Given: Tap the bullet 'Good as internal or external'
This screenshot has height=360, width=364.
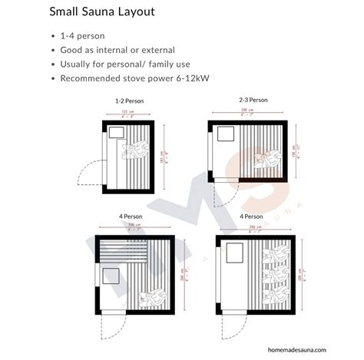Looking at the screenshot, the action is tap(117, 50).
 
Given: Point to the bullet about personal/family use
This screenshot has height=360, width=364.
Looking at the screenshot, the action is tap(125, 64).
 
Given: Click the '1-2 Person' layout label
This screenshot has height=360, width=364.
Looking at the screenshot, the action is tap(128, 101).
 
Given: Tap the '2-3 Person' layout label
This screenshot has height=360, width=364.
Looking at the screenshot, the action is tap(253, 100).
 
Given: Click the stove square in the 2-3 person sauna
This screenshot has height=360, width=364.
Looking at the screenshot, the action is tap(227, 134).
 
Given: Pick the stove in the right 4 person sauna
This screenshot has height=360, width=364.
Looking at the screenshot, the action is tap(235, 251).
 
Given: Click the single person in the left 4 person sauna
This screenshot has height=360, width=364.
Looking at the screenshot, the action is tap(152, 296).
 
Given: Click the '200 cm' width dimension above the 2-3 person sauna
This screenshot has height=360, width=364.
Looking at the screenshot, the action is tap(248, 110).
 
